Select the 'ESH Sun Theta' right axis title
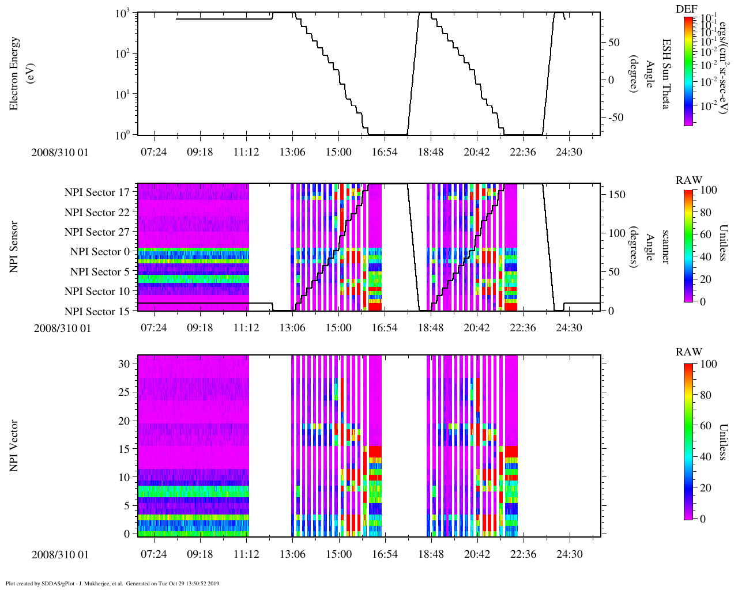point(666,74)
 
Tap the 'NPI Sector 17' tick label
point(97,192)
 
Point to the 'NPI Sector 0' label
point(100,252)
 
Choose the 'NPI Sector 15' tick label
point(97,312)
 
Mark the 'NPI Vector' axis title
point(14,446)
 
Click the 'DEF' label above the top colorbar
point(686,9)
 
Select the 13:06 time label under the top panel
point(292,152)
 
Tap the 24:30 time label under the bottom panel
point(569,554)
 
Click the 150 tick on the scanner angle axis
point(617,195)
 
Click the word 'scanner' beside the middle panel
point(665,247)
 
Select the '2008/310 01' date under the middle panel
point(62,328)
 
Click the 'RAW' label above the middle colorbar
point(689,180)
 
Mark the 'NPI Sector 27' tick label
point(97,232)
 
